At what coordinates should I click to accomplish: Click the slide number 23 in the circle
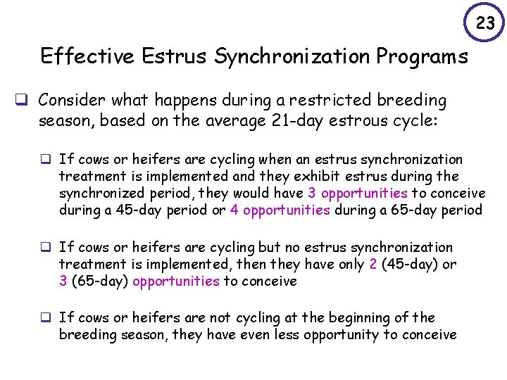pos(485,23)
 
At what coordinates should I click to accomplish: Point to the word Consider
pos(70,101)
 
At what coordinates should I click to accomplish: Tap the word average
pos(212,121)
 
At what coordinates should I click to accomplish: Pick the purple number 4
pos(234,210)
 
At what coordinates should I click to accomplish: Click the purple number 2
pos(372,264)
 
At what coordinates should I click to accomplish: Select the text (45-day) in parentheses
pos(409,264)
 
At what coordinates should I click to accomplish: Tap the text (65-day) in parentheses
pos(99,281)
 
